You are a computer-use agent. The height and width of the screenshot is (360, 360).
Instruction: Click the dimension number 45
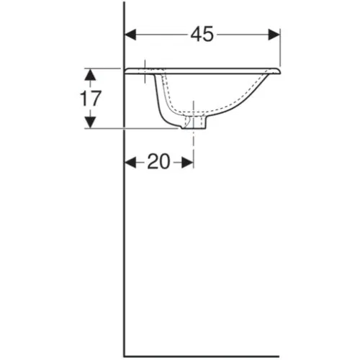[202, 35]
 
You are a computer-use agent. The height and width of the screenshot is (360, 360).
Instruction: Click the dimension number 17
[89, 99]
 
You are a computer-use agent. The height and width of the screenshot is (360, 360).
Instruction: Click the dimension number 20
[158, 162]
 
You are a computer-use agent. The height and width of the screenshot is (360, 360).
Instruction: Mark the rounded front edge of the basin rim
[276, 71]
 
